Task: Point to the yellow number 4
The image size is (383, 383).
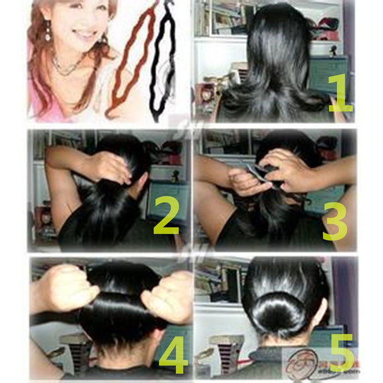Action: [173, 352]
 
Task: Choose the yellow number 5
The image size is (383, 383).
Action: [342, 352]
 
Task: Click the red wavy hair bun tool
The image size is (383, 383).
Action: [130, 59]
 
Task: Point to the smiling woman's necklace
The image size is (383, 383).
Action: [66, 69]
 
